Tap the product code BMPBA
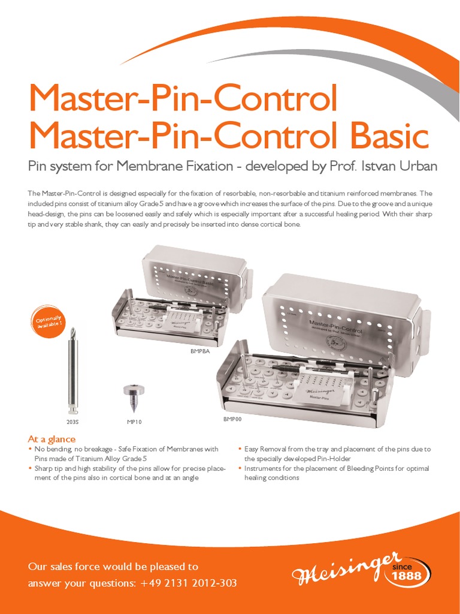coord(200,351)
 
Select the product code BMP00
coord(232,419)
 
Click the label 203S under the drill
coord(73,422)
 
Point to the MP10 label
coord(134,422)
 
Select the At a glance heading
coord(52,440)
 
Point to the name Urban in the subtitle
coord(415,167)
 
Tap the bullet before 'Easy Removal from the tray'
coord(240,449)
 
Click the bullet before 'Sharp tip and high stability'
coord(31,468)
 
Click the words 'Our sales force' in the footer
coord(65,566)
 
